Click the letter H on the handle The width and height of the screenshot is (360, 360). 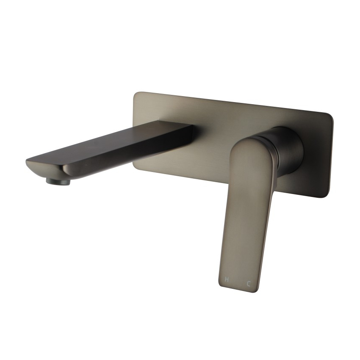point(227,280)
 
